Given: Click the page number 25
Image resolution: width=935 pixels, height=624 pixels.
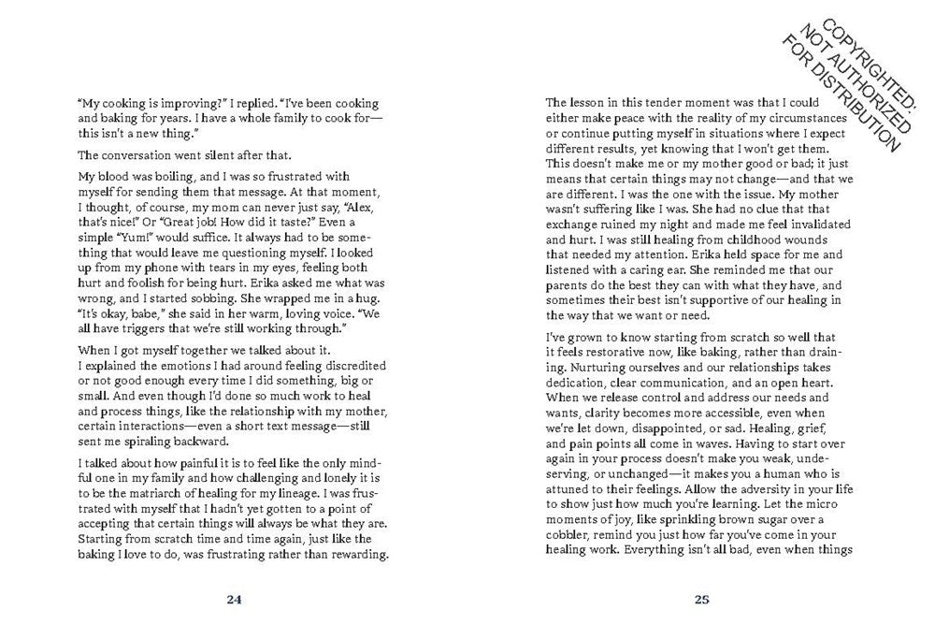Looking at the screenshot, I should coord(703,599).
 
